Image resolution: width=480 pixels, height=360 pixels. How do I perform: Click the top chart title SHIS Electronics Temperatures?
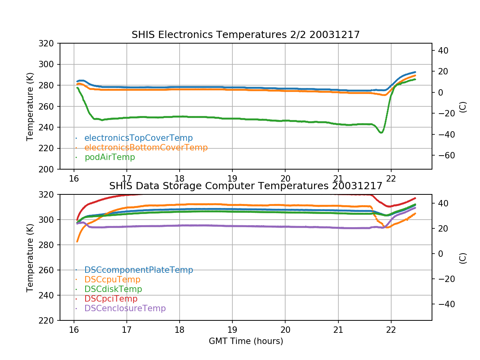click(246, 35)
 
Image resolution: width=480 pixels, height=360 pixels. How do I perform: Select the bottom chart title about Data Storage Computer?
click(246, 186)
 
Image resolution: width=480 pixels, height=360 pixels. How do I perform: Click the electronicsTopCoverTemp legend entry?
click(138, 138)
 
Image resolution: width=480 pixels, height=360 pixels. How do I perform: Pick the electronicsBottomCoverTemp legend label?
click(146, 148)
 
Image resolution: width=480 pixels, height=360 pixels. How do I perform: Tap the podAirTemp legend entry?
click(110, 157)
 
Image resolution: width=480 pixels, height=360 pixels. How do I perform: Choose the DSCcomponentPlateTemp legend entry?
click(139, 270)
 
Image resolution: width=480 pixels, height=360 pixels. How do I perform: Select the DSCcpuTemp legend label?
click(112, 280)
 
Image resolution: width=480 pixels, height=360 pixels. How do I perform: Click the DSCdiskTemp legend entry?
click(113, 289)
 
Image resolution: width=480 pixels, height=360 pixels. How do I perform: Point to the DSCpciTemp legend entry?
click(111, 299)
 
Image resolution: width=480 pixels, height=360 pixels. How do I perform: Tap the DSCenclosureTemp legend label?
click(125, 308)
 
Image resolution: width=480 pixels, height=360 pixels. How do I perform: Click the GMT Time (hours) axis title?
click(246, 341)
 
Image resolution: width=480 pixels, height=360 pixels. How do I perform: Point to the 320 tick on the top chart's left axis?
click(49, 43)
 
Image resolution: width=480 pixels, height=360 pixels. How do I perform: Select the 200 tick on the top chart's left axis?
click(49, 169)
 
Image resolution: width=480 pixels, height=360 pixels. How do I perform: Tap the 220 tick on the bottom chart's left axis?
click(49, 320)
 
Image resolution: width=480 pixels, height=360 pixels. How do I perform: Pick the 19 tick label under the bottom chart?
click(232, 329)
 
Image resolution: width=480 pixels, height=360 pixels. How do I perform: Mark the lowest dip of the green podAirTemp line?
click(381, 132)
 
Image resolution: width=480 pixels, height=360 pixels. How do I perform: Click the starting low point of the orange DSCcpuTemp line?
click(77, 241)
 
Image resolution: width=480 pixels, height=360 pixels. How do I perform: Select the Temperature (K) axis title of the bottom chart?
click(30, 257)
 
